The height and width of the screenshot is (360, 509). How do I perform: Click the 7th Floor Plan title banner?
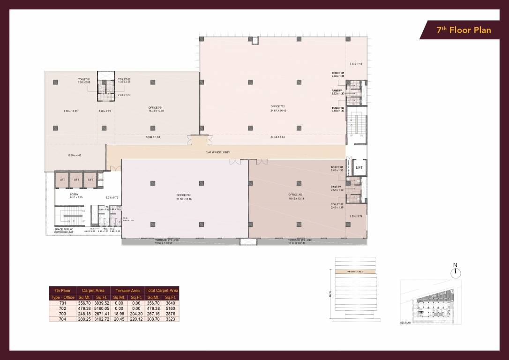tap(463, 30)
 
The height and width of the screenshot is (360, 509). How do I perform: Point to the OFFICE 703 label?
tap(296, 195)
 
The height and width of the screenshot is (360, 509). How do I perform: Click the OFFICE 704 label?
tap(184, 195)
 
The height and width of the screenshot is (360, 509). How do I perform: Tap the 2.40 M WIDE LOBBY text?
tap(218, 152)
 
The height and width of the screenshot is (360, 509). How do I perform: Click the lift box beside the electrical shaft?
tap(359, 167)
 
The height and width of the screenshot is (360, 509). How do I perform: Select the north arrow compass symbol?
tap(455, 272)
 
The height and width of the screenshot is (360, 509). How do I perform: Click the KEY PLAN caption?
tap(405, 323)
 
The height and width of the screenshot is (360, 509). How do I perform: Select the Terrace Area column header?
tap(127, 291)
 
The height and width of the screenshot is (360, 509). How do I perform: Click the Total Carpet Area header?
tap(162, 291)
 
